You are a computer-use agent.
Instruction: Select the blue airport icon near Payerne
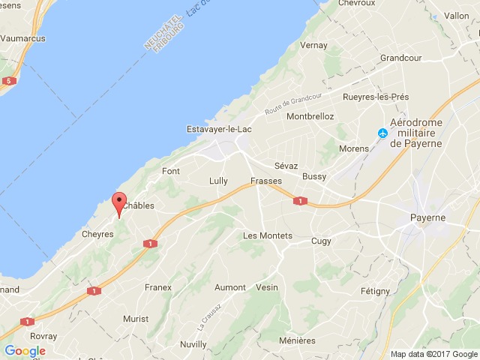(x=383, y=133)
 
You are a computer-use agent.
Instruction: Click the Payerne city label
(x=427, y=217)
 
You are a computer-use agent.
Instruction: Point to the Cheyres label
(x=97, y=234)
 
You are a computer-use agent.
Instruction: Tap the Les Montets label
(x=268, y=235)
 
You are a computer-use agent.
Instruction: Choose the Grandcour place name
(x=401, y=58)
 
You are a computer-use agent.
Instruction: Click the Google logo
(x=25, y=350)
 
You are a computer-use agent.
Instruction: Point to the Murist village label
(x=136, y=319)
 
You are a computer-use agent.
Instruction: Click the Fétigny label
(x=375, y=291)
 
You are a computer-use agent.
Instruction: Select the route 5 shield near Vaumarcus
(x=8, y=80)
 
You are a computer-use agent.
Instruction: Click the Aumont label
(x=230, y=287)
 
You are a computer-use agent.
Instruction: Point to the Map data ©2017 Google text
(x=433, y=354)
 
